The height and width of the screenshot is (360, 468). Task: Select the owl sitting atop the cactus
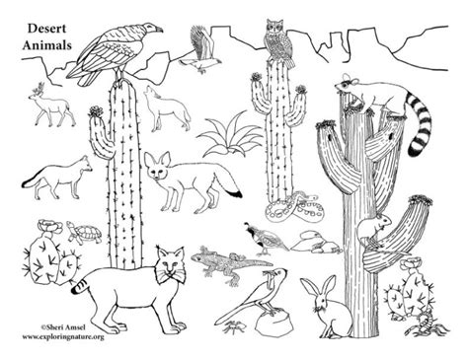(x=274, y=34)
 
